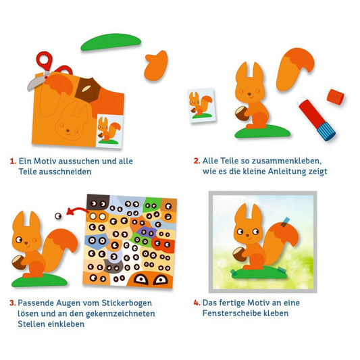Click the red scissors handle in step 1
point(45,60)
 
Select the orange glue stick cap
point(336,97)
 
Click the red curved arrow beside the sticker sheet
point(78,211)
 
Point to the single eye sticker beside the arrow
point(58,216)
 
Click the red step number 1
point(13,161)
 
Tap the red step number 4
point(197,303)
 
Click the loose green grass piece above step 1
point(111,42)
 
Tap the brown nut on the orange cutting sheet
point(88,90)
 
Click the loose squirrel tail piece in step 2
point(294,69)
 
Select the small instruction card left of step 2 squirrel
point(201,105)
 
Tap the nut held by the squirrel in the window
point(240,254)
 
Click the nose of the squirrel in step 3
point(26,243)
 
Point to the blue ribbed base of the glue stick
point(326,131)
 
